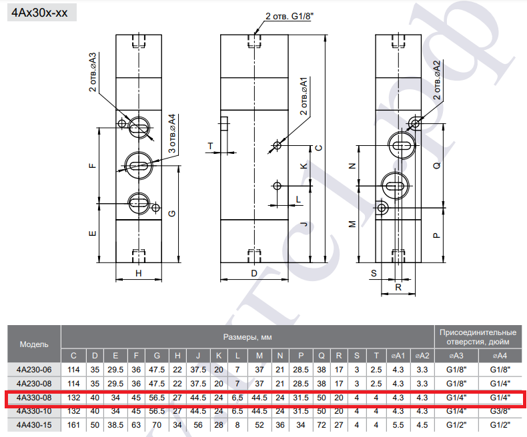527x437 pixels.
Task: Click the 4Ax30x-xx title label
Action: coord(39,13)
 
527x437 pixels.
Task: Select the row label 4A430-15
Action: coord(34,425)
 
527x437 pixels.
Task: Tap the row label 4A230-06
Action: coord(34,370)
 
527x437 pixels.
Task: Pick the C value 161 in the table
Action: coord(73,425)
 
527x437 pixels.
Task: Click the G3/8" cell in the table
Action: coord(500,411)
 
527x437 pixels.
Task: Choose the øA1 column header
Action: coord(398,356)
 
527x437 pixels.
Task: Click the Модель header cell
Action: coord(34,344)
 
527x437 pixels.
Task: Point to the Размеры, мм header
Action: coord(247,337)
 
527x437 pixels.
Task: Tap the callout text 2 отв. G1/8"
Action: coord(287,16)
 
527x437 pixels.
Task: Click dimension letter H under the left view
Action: coord(139,274)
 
